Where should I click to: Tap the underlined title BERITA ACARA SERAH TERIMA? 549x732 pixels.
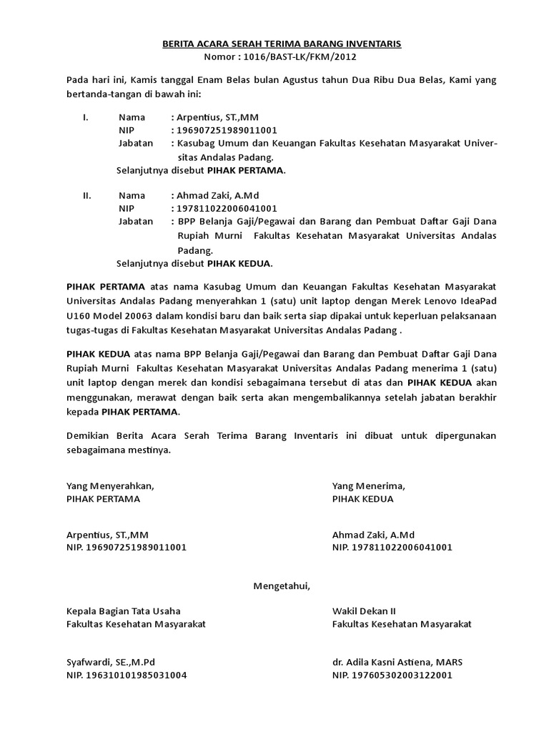click(282, 44)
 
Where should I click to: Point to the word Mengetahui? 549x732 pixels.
click(282, 587)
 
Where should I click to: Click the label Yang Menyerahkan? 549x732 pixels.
click(109, 485)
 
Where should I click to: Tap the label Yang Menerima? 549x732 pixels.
click(368, 485)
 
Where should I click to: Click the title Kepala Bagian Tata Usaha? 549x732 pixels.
click(123, 611)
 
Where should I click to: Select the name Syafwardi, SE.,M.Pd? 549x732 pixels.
click(110, 661)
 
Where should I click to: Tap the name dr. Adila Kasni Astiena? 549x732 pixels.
click(382, 661)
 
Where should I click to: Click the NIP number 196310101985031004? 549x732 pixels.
click(126, 675)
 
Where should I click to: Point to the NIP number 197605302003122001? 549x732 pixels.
click(392, 675)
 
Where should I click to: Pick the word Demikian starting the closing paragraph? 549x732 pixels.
click(89, 435)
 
